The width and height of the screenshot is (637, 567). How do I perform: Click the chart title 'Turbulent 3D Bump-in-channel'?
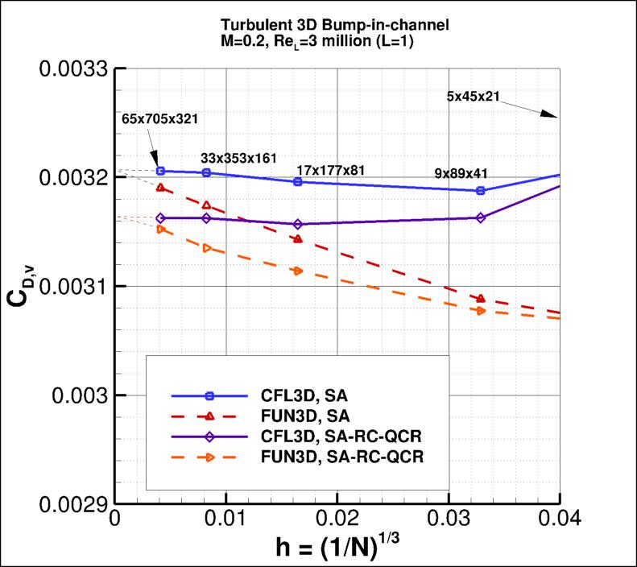(337, 25)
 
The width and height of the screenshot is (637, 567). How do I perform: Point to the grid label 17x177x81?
(331, 170)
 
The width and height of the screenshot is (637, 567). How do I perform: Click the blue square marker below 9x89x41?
(481, 191)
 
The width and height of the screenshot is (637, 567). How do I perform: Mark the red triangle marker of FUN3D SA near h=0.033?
(481, 299)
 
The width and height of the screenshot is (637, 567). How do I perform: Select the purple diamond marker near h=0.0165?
(298, 224)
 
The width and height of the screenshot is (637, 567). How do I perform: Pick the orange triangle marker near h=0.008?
(207, 248)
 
